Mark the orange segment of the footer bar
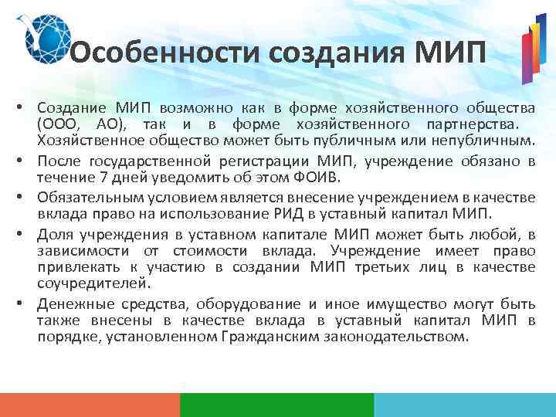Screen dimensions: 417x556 point(90,405)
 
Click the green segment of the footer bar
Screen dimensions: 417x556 point(276,405)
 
